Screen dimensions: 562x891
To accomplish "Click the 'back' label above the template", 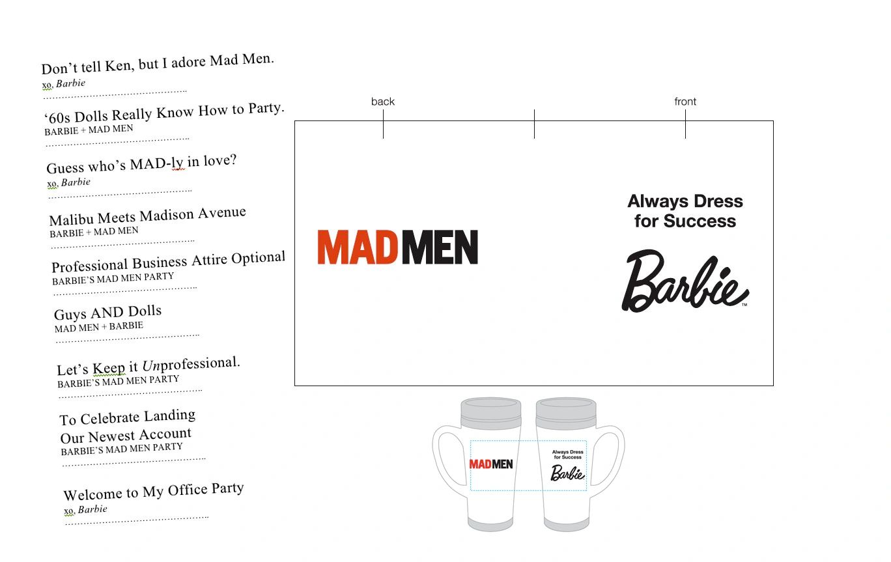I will click(x=383, y=102).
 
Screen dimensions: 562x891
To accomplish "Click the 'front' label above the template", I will click(x=685, y=102).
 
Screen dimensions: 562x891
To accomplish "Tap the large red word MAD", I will click(x=357, y=247).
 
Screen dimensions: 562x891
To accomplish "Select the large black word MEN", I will click(x=440, y=247).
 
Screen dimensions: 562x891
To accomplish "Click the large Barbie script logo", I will click(x=684, y=281).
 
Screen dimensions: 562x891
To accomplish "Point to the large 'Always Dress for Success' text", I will click(x=685, y=211).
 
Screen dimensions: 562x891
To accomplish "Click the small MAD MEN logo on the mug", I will click(x=491, y=464).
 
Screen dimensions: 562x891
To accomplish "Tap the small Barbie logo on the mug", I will click(x=567, y=473).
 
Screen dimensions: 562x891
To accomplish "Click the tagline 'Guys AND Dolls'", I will click(x=107, y=313).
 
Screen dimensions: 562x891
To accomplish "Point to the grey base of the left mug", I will click(x=490, y=524).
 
